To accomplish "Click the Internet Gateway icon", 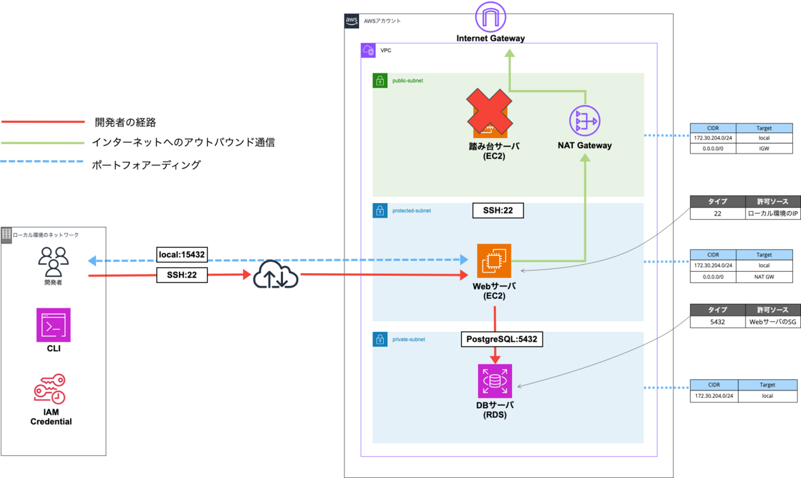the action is click(x=490, y=17).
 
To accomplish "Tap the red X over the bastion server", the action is click(x=489, y=111).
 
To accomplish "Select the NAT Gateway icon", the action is click(x=585, y=121).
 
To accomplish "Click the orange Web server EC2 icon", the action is click(x=494, y=260).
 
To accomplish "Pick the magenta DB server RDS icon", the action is click(x=495, y=381).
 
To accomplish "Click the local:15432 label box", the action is click(x=182, y=254).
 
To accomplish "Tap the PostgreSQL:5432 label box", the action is click(x=502, y=339).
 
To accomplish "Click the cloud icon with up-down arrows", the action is click(x=276, y=274).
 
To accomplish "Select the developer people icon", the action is click(x=53, y=262).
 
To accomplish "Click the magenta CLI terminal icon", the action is click(x=53, y=324).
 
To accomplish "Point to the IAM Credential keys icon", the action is click(x=49, y=389).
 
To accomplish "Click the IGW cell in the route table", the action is click(x=764, y=148).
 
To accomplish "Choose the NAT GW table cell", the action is click(x=764, y=276).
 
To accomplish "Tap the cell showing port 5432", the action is click(x=718, y=322).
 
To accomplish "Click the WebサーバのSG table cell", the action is click(x=773, y=322).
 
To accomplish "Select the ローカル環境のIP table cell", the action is click(x=773, y=214).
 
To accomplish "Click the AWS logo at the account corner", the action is click(x=352, y=21).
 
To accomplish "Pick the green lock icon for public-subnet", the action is click(x=380, y=80).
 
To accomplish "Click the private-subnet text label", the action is click(x=409, y=339).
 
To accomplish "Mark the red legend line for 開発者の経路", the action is click(x=43, y=122).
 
